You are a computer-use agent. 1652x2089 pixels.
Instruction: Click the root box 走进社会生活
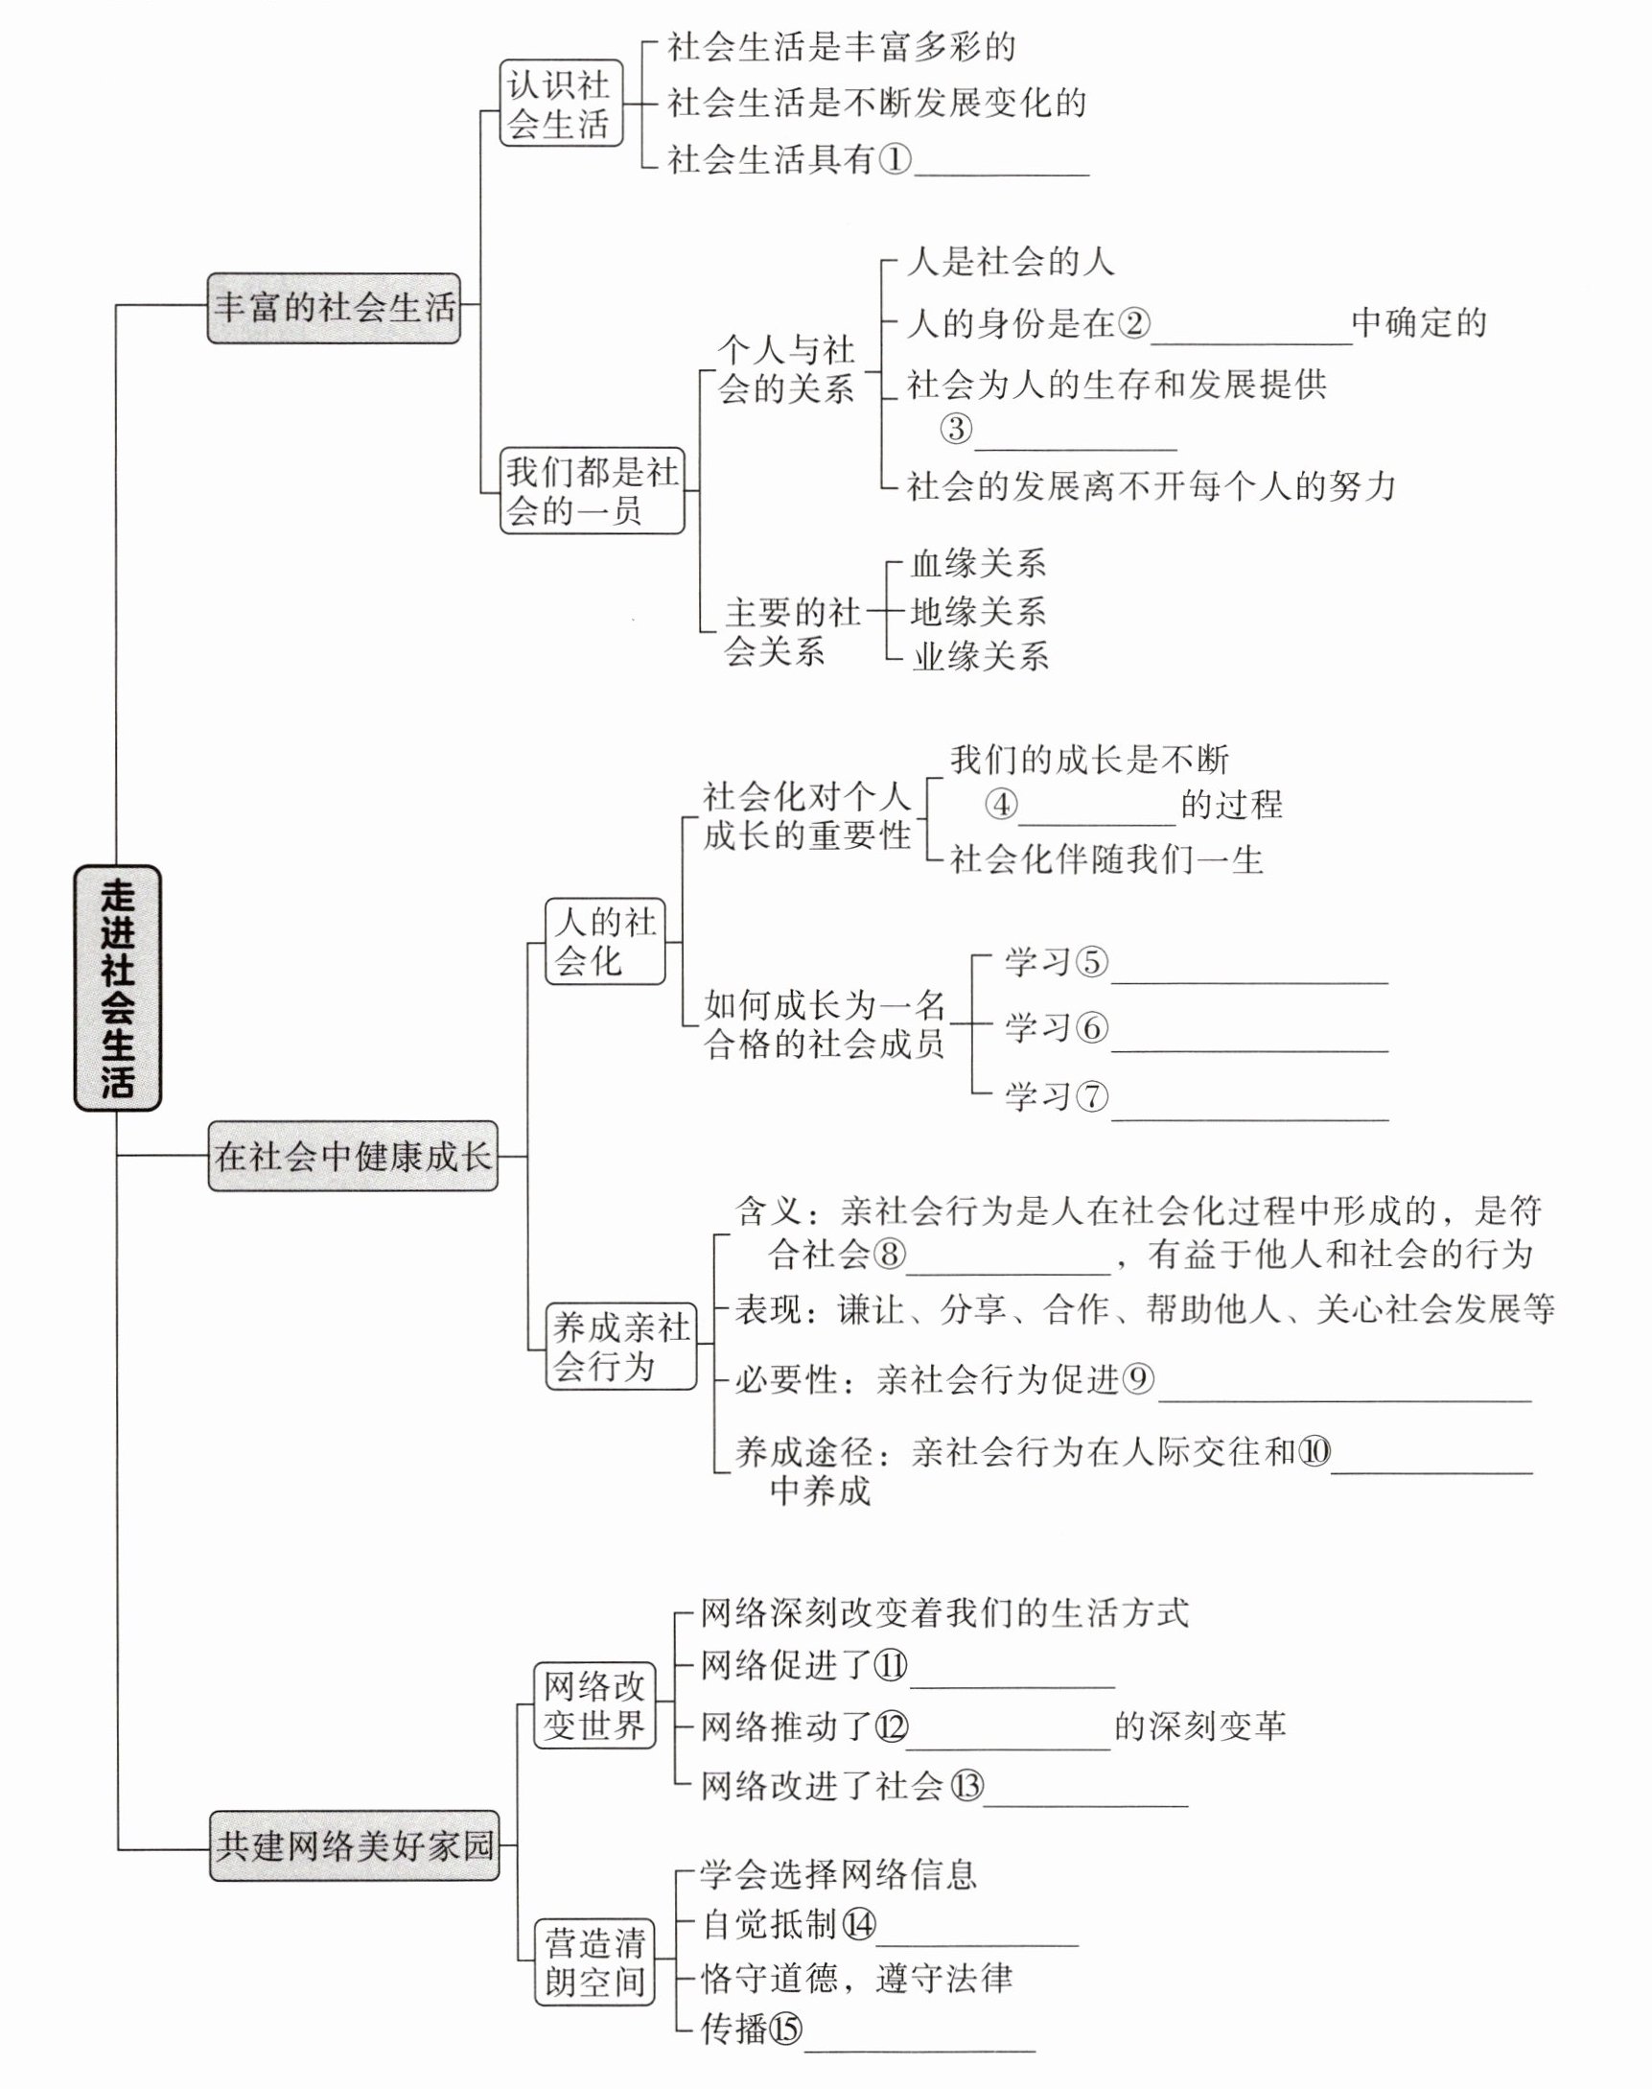click(117, 987)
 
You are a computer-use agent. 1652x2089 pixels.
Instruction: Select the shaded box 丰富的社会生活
click(334, 308)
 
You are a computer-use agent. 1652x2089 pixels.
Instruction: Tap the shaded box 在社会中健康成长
click(353, 1156)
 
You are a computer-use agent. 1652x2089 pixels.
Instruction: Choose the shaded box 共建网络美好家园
click(354, 1846)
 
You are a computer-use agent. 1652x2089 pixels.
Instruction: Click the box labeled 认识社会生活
click(560, 104)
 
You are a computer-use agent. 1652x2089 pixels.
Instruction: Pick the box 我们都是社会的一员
click(592, 490)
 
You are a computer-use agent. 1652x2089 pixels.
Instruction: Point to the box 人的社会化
click(604, 942)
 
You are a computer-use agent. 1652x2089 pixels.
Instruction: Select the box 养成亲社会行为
click(620, 1346)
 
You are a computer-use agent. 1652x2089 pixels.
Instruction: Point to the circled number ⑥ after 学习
click(1092, 1026)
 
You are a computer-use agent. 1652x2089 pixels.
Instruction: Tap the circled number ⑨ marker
click(1138, 1379)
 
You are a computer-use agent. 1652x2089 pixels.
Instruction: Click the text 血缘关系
click(978, 564)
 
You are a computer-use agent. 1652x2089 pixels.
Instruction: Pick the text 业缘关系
click(980, 657)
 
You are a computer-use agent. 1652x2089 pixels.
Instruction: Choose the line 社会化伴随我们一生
click(1106, 859)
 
